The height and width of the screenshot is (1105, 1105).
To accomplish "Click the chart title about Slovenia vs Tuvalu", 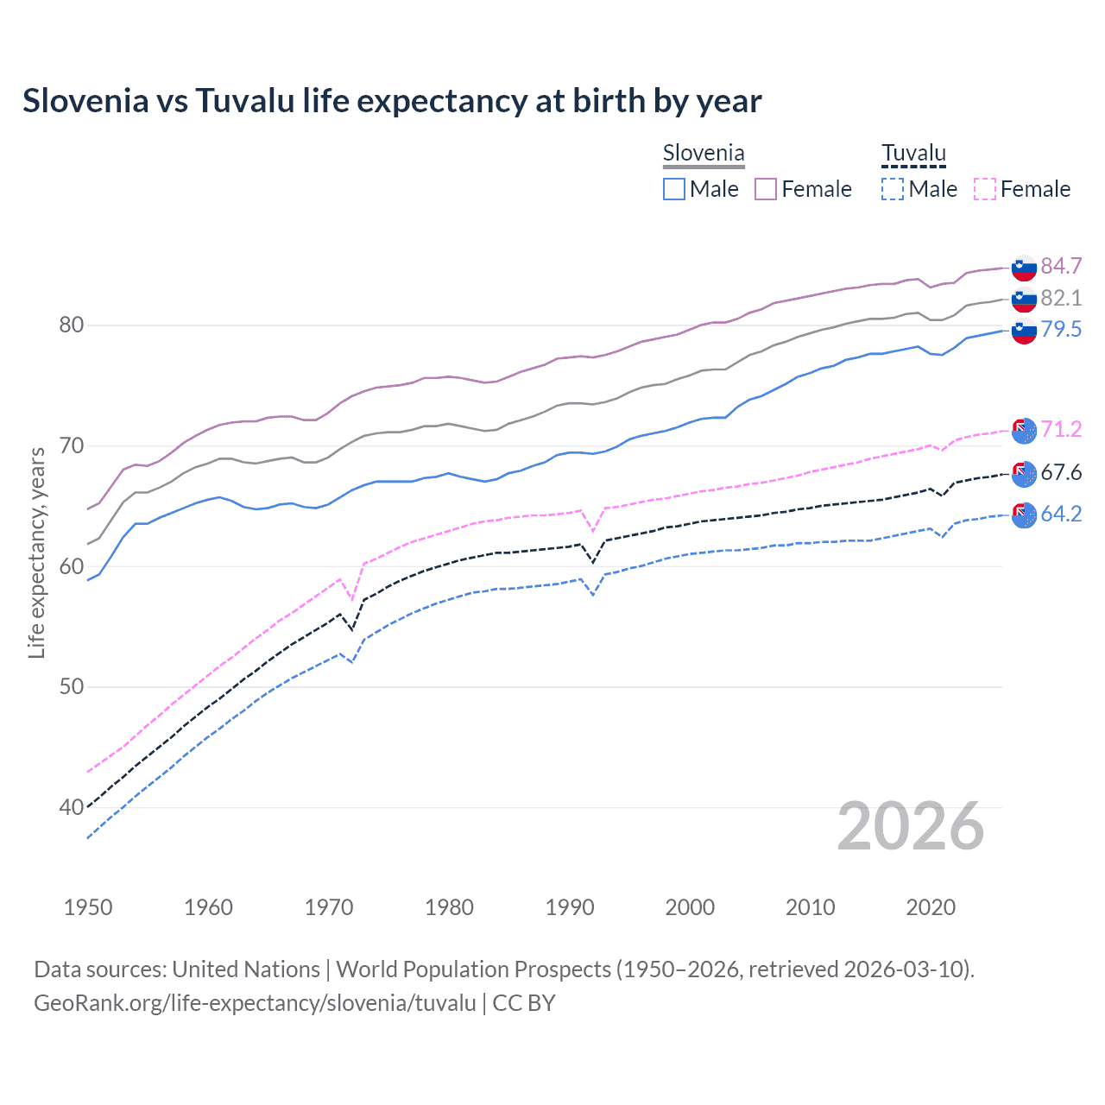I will click(x=392, y=101).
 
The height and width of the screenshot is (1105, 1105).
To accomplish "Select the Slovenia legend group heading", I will click(x=704, y=154).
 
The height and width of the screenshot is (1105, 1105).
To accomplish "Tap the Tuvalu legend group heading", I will click(x=913, y=154).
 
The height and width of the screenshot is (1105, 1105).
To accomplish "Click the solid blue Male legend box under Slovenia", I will click(x=674, y=189).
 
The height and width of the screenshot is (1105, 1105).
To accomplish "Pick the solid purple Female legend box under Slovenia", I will click(x=766, y=189).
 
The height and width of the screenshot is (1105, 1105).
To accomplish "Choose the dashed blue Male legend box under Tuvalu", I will click(x=893, y=189).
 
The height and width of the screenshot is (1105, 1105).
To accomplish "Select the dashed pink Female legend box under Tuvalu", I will click(x=985, y=189).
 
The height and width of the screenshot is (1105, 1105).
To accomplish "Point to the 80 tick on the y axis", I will click(x=71, y=325).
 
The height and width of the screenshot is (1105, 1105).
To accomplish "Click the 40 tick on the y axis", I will click(x=71, y=808).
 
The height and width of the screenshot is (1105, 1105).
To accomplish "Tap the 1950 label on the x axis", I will click(x=88, y=907).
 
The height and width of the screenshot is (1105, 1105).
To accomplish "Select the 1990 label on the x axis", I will click(x=570, y=907).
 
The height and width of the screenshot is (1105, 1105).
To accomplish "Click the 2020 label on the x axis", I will click(x=931, y=907).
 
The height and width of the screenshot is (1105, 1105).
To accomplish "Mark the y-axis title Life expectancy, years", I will click(x=36, y=552).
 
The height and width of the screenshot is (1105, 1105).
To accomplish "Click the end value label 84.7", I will click(x=1061, y=266).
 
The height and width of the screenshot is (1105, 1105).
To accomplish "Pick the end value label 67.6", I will click(x=1061, y=472).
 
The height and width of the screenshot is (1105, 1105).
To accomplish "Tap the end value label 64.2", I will click(x=1061, y=514).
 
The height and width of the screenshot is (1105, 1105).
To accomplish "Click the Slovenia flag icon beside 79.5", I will click(x=1024, y=331).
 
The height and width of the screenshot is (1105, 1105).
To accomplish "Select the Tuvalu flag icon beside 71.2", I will click(x=1024, y=430).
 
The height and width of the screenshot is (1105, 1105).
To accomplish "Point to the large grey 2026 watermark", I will click(x=911, y=826).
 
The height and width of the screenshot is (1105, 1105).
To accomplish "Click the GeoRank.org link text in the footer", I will click(x=255, y=1003).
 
